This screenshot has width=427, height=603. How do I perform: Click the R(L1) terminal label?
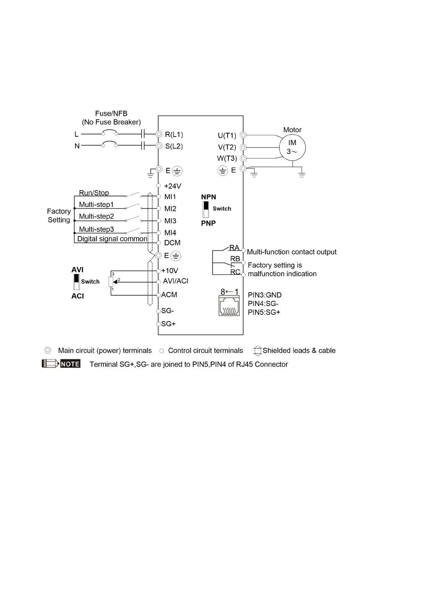174,135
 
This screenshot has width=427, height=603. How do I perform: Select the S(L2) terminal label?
174,146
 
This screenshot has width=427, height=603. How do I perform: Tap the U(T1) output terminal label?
227,135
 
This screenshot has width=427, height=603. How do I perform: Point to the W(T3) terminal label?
227,158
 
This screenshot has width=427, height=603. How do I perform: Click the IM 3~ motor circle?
292,147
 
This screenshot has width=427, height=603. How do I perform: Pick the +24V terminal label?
172,186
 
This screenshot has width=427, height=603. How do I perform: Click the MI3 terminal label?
170,221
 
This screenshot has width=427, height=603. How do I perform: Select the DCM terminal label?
172,243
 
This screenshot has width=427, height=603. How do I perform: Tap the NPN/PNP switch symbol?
206,209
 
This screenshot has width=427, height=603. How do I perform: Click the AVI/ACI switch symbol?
76,282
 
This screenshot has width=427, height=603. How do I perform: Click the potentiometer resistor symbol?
111,282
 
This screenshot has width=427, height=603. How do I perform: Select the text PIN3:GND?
265,295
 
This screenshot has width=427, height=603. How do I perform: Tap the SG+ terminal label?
169,324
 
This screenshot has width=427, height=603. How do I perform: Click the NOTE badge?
70,364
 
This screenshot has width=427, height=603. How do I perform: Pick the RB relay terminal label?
235,259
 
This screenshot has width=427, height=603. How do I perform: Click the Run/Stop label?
94,193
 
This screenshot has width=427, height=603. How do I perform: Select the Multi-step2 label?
96,216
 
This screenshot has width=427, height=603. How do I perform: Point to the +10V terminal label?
170,271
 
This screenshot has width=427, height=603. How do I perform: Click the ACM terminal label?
169,295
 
